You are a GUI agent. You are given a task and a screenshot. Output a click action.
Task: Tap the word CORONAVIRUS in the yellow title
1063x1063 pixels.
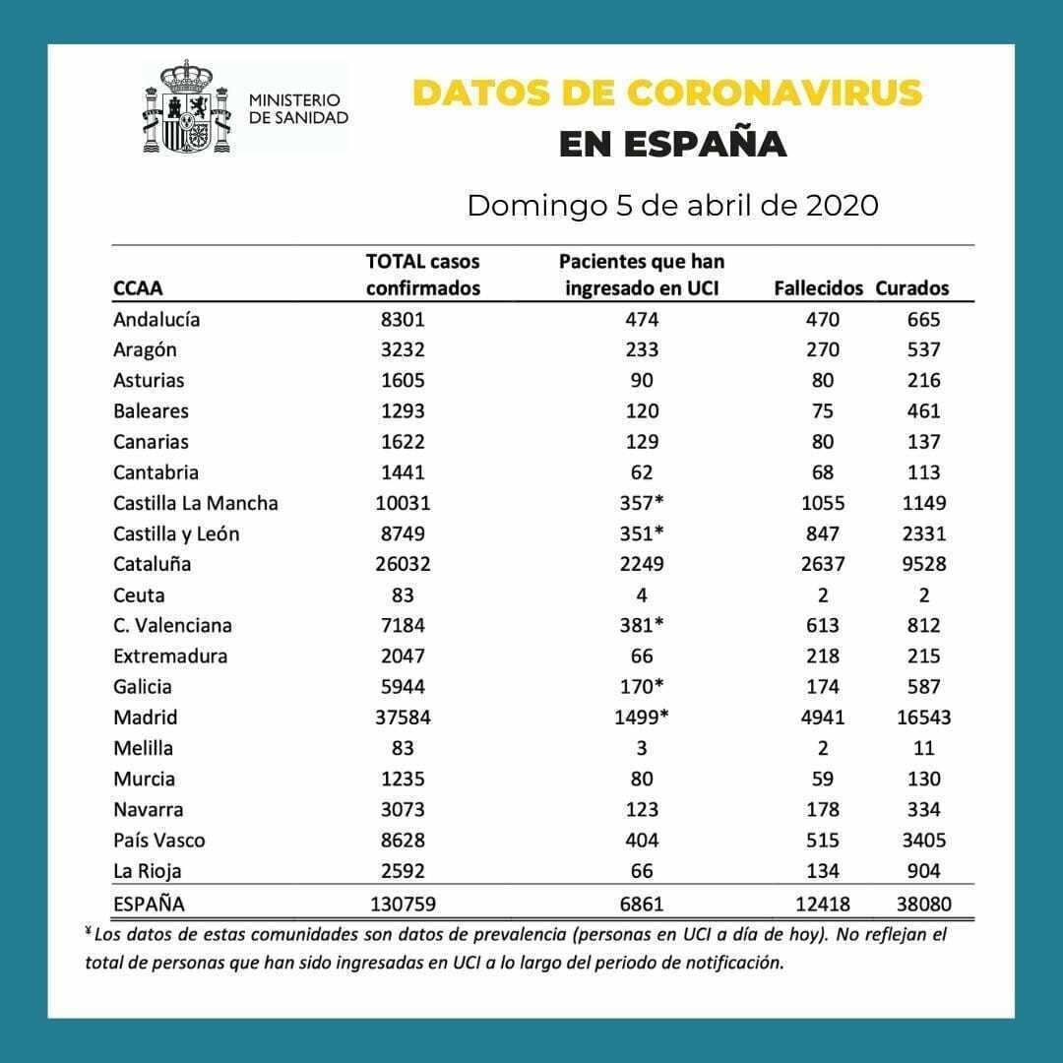click(x=774, y=92)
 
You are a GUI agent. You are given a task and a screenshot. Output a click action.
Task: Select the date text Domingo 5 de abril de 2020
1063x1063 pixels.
click(x=672, y=206)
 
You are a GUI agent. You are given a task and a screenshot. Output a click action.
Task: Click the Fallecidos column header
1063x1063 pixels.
click(x=818, y=288)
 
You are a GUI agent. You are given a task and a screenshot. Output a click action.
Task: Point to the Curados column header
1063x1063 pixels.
click(x=912, y=288)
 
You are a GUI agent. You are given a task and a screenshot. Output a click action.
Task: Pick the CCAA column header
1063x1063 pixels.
click(x=138, y=288)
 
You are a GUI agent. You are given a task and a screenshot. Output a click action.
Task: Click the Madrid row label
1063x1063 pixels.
click(x=145, y=718)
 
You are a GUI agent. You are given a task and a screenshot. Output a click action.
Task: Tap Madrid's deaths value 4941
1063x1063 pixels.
click(x=822, y=718)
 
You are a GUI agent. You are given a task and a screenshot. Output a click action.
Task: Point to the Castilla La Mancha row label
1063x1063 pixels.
click(x=196, y=503)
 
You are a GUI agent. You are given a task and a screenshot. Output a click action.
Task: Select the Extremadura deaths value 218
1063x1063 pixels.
click(x=822, y=656)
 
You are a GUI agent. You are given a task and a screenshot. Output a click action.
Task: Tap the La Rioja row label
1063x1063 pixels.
click(x=148, y=871)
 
